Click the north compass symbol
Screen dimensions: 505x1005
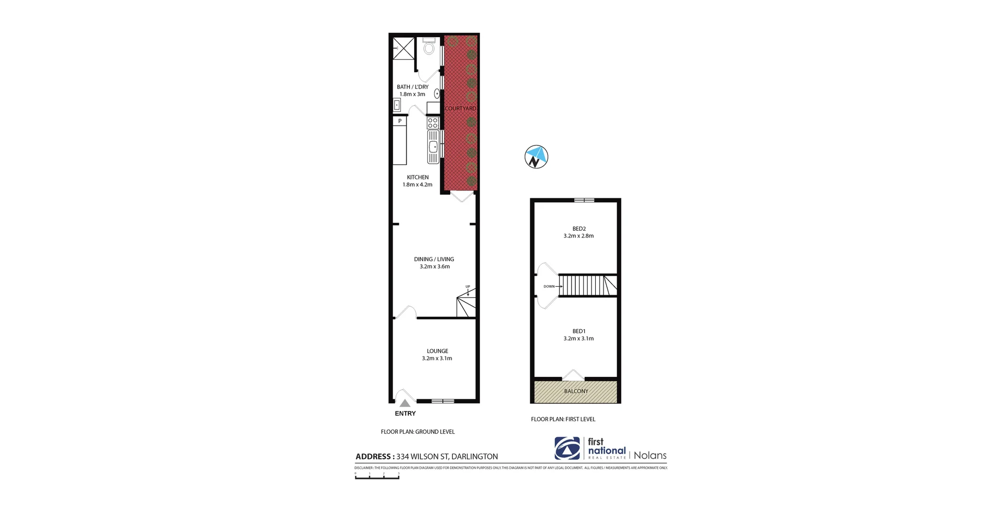536,157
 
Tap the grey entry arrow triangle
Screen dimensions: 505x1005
405,403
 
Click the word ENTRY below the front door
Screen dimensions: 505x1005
405,413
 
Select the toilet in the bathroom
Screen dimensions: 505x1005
429,48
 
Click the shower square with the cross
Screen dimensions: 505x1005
404,48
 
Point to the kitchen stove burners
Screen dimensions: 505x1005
433,123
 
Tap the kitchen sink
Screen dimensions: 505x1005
433,147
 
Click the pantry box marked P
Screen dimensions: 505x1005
400,121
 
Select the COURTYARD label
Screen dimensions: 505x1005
461,109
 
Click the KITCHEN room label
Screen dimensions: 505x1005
418,177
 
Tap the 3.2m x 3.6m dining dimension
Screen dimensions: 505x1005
434,267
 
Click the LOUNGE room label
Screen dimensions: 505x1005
438,351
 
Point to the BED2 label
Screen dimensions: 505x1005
579,229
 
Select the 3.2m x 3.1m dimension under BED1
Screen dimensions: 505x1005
578,339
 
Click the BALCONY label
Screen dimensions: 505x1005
576,391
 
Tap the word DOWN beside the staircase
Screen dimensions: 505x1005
549,287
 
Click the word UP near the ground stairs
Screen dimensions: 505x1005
468,287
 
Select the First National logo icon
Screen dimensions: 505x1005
567,448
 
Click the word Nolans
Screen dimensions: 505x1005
650,455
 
